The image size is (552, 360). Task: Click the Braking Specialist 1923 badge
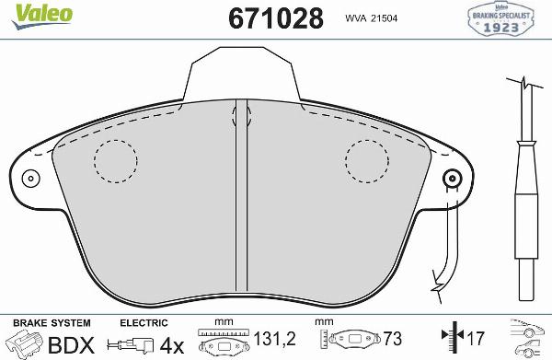click(x=503, y=18)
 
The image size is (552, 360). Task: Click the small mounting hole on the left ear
click(x=30, y=179)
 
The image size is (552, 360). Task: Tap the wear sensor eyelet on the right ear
click(x=451, y=179)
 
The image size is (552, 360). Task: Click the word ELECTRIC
click(x=144, y=323)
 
